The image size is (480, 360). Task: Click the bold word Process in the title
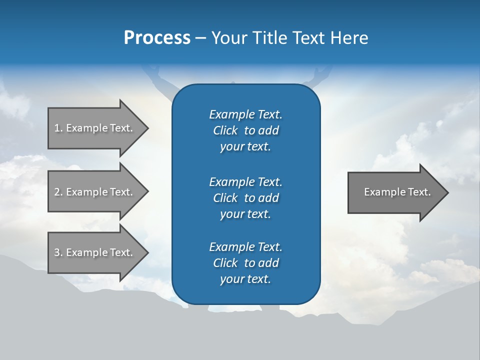pos(157,38)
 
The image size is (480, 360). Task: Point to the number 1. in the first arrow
pos(58,128)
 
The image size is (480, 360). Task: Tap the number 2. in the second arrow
pos(58,192)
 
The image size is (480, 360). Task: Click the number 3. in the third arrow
pos(58,252)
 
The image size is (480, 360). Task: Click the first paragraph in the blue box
pos(245,130)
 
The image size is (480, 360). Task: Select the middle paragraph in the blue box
pos(245,197)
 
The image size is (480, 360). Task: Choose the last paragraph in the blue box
pos(245,263)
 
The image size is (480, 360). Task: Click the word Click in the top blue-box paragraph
pos(225,130)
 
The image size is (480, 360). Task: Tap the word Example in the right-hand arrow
pos(382,192)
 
